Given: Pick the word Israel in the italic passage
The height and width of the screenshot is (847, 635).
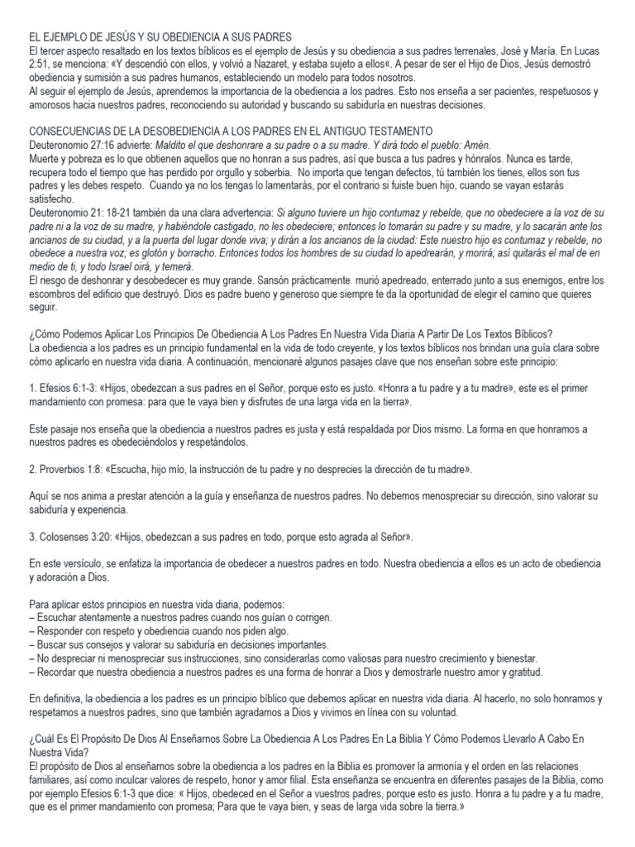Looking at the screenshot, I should tap(117, 267).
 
